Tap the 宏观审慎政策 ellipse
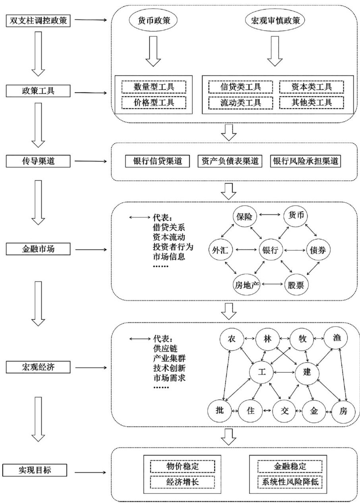coord(273,21)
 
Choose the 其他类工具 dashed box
coord(311,102)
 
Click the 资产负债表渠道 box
coord(230,161)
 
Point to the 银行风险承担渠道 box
coord(306,161)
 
